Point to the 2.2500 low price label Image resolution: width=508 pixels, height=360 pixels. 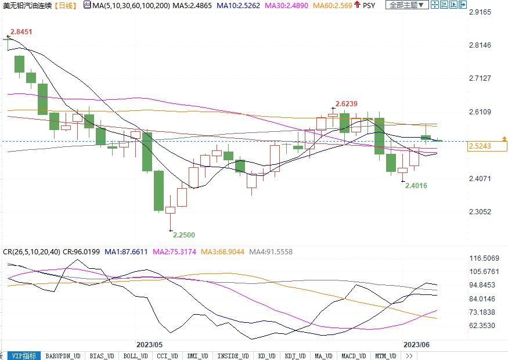click(183, 235)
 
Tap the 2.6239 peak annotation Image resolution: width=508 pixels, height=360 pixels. click(346, 104)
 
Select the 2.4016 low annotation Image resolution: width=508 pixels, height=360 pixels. click(416, 186)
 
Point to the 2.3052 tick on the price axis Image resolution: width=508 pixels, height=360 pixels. click(480, 212)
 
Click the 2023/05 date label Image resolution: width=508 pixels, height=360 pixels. click(149, 344)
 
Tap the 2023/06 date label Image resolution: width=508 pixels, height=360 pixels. click(416, 344)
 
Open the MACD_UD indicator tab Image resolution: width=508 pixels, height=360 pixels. click(353, 356)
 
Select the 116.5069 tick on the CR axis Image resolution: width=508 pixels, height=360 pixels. click(484, 258)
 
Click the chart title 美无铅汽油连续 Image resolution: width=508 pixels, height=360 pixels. click(27, 5)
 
